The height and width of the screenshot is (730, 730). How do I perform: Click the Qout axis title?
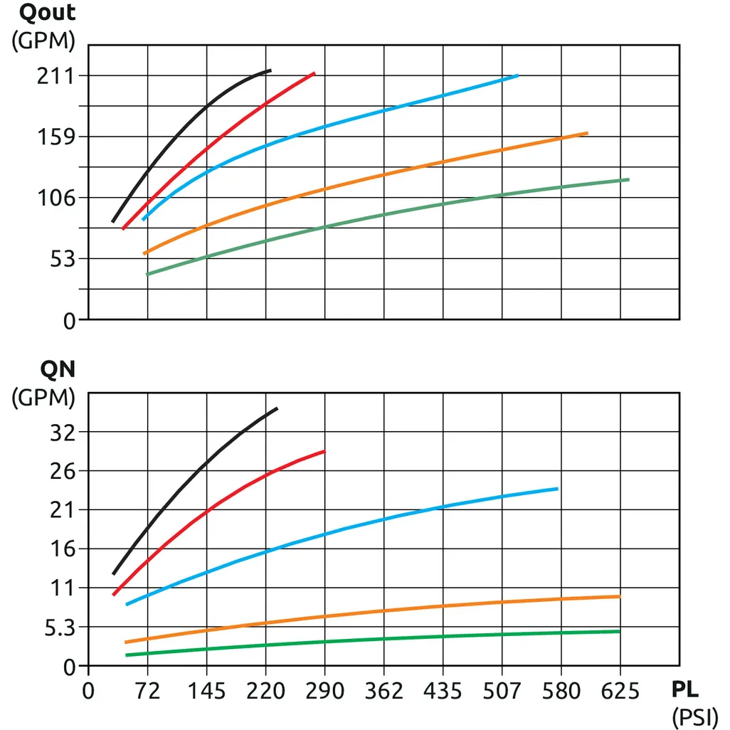pos(47,13)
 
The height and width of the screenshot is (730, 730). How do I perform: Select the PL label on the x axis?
pos(684,690)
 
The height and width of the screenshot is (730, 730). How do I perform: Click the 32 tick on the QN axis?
pos(63,432)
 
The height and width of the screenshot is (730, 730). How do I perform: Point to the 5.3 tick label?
pos(60,628)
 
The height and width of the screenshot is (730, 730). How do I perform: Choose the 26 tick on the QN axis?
pos(63,471)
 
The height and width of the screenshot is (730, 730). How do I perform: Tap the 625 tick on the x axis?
pos(620,691)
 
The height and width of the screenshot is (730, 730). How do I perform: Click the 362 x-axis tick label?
pos(384,691)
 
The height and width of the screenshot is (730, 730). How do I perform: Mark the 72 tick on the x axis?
pos(147,691)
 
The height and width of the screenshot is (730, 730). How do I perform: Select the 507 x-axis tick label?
pos(502,691)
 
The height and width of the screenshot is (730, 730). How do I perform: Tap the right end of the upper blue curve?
pos(517,75)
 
